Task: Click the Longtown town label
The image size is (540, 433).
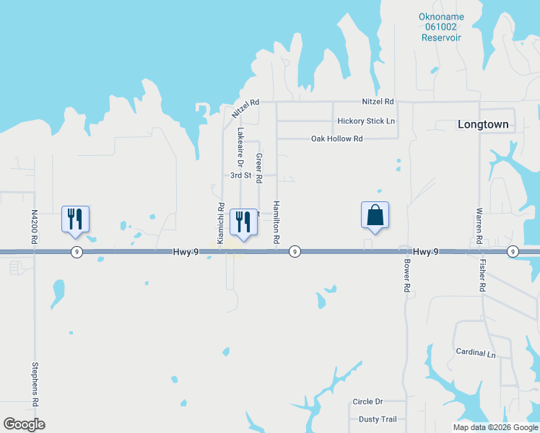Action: pos(483,125)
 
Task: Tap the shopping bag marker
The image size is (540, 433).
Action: pos(375,216)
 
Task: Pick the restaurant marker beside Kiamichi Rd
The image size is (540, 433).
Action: pos(243,222)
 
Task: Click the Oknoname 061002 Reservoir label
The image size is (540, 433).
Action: pos(441,27)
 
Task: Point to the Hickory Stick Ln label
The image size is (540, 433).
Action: pos(366,121)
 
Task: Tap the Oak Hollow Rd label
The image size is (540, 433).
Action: pos(336,139)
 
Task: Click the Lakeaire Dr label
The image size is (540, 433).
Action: pos(241,148)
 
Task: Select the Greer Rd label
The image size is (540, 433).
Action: pos(258,166)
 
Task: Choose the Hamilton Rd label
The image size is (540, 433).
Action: pos(276,221)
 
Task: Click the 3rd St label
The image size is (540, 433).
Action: pos(240,175)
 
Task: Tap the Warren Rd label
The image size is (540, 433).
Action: pos(479,224)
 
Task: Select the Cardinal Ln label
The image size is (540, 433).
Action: pos(476,354)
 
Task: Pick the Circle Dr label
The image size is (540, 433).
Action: pos(367,402)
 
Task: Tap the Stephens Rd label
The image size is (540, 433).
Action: pos(34,384)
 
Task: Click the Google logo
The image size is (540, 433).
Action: pos(24,424)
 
